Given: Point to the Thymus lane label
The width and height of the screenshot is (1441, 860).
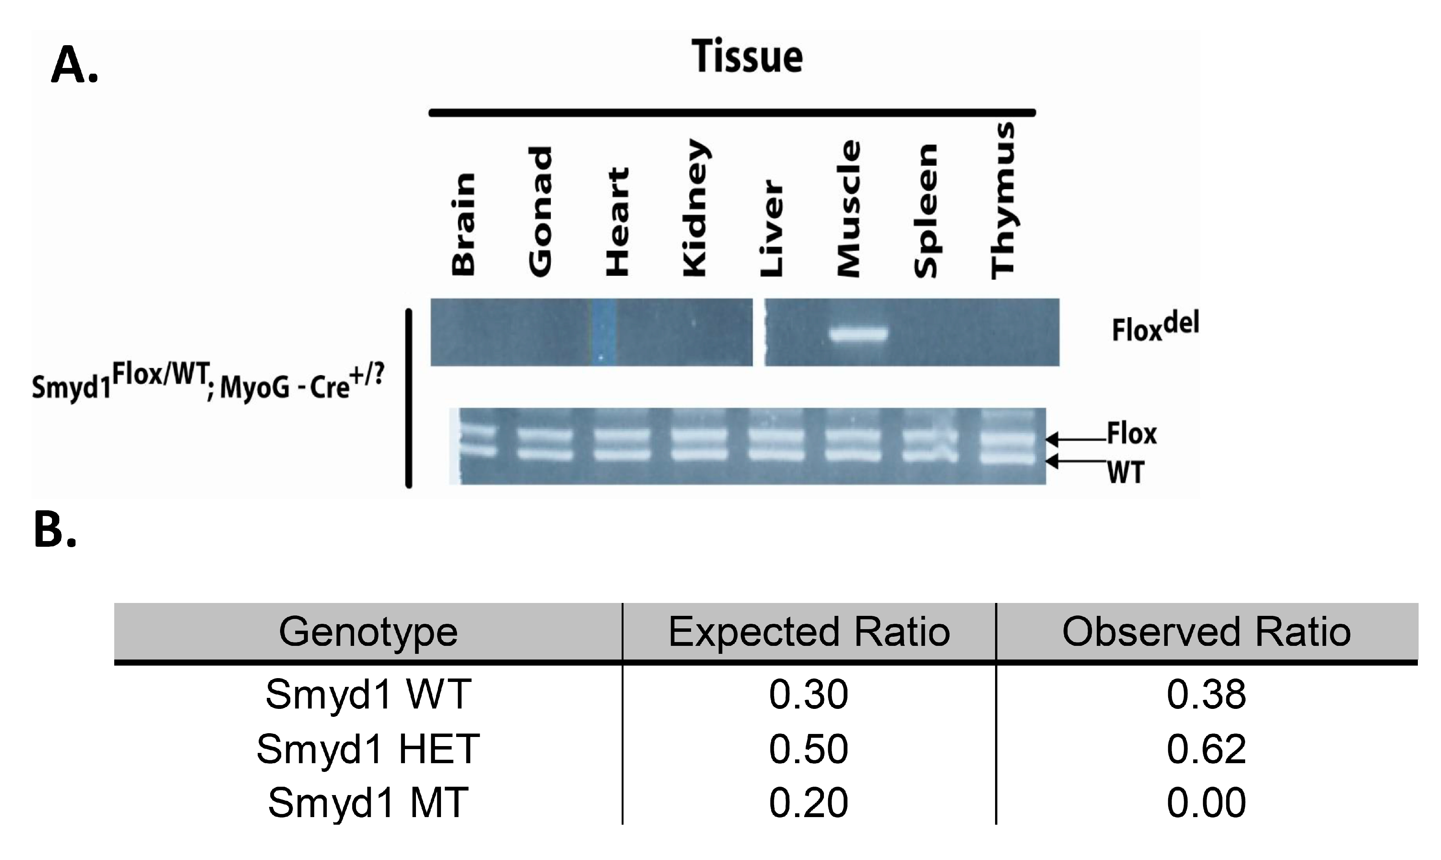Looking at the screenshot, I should point(1003,200).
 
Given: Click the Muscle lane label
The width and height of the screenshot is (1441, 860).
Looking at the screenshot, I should point(849,208).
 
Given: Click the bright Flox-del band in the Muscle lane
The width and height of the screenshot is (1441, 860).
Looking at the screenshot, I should point(859,335).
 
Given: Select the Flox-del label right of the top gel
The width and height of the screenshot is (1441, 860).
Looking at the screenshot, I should point(1155,327).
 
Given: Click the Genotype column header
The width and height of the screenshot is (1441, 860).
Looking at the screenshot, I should point(369,632).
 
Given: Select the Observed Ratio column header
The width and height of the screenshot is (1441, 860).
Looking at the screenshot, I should point(1206,632).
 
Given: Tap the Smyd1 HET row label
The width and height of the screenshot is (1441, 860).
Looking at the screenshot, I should point(369,749).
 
